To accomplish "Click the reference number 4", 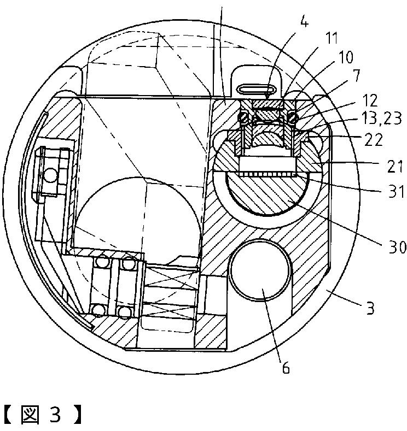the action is [304, 22].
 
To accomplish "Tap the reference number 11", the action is [332, 38].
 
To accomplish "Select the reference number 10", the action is [346, 57].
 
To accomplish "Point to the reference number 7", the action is [356, 75].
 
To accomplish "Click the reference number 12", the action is [370, 101].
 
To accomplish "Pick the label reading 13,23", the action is [382, 119].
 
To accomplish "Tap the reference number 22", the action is [374, 140].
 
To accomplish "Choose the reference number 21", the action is [395, 166].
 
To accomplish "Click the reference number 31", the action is [396, 191].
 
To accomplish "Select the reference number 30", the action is [397, 247].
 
